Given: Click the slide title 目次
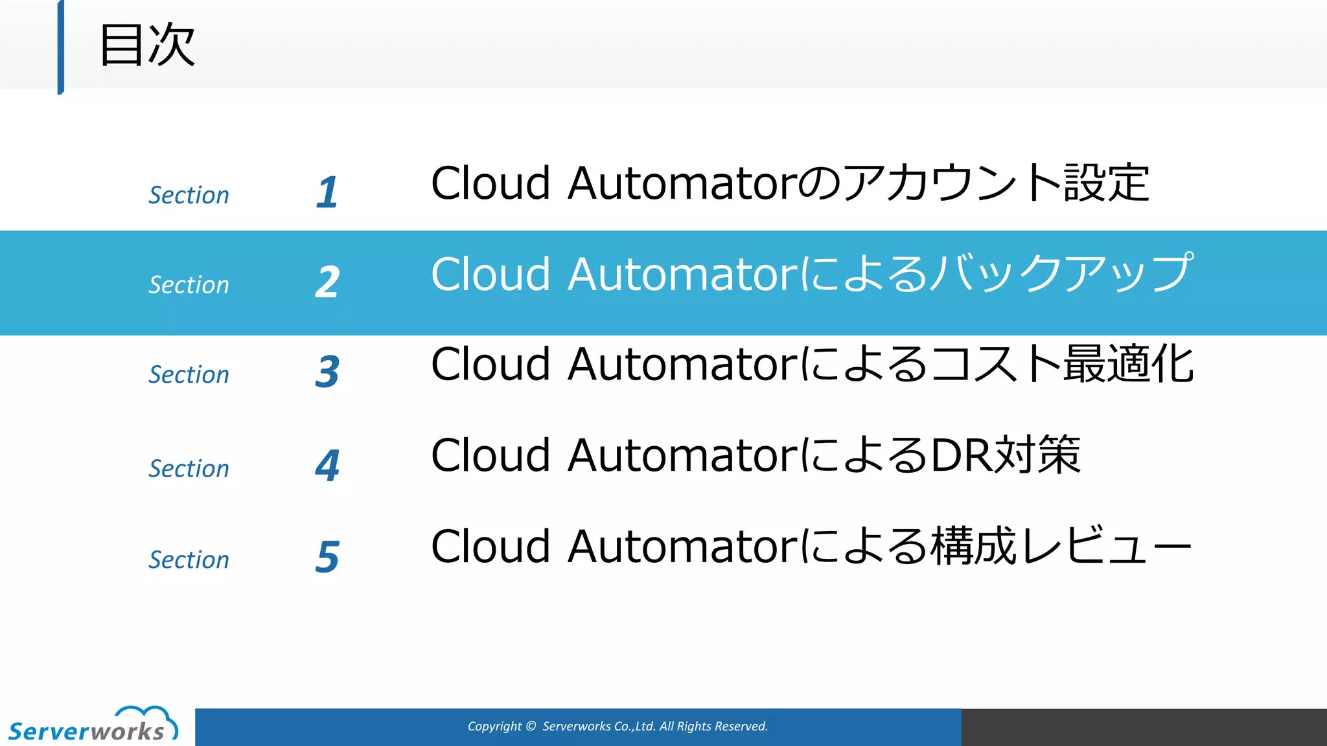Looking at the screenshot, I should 147,45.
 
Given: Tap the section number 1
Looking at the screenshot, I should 327,192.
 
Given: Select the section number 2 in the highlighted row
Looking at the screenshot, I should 327,282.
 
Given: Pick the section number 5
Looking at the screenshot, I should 327,556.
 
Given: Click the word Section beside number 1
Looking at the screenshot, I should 189,195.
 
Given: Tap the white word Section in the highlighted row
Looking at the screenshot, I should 189,285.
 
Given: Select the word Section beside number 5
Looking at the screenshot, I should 189,559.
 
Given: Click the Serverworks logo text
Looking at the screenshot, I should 86,731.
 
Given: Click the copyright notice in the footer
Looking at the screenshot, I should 617,727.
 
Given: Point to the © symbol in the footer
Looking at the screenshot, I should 531,727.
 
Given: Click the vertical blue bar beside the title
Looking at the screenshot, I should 61,47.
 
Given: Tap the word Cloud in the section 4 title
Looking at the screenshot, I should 490,455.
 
